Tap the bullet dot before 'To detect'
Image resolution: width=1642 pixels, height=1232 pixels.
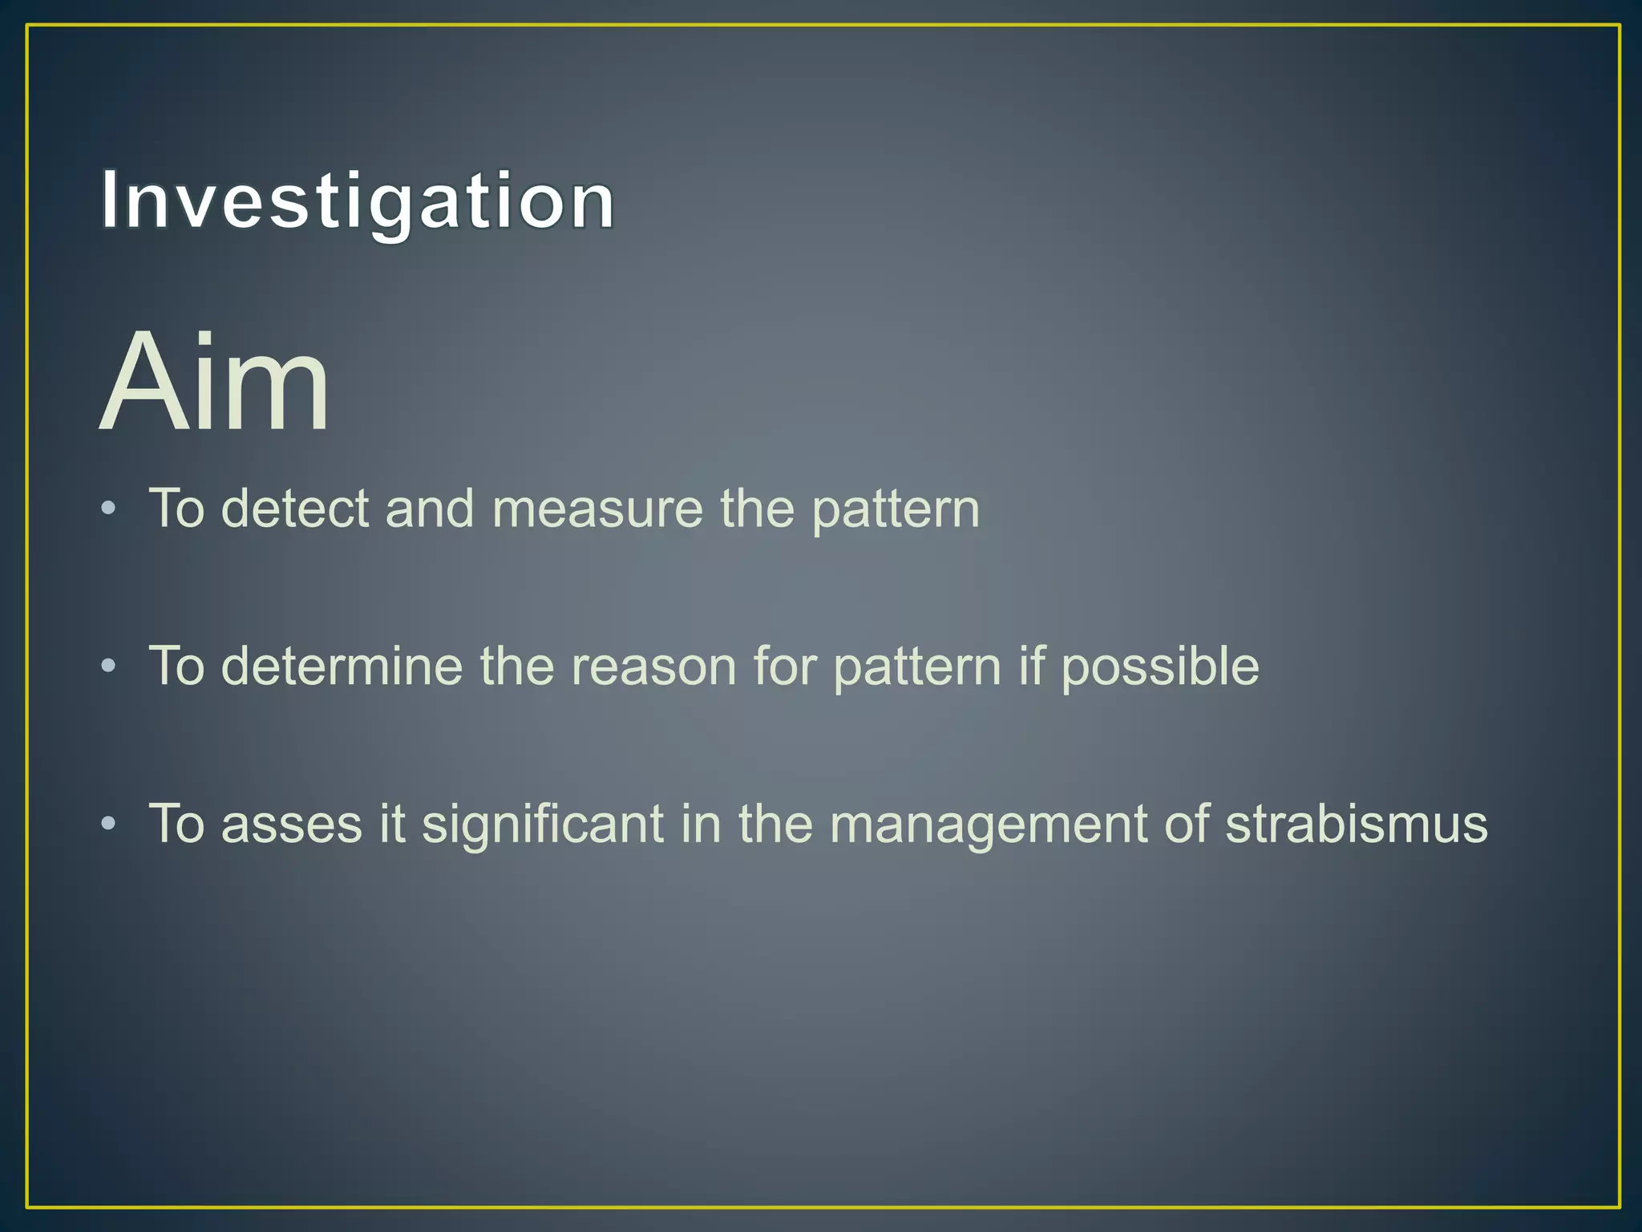pos(109,509)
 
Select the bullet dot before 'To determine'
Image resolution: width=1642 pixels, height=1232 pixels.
pos(109,666)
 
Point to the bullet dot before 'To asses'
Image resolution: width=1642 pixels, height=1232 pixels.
pos(109,823)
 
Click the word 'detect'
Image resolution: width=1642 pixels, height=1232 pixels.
pos(294,509)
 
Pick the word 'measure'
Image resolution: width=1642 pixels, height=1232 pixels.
pos(597,509)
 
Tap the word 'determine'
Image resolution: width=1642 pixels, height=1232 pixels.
pos(342,666)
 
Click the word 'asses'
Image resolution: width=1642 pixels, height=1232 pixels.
pos(291,825)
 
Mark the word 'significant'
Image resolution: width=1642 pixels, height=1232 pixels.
pos(543,825)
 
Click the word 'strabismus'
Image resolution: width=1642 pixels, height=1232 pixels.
pos(1356,823)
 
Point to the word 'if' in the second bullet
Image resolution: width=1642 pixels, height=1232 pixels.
pos(1031,666)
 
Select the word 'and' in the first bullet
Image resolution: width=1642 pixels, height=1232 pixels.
pos(430,509)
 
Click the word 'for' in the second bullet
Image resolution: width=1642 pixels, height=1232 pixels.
pos(784,666)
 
